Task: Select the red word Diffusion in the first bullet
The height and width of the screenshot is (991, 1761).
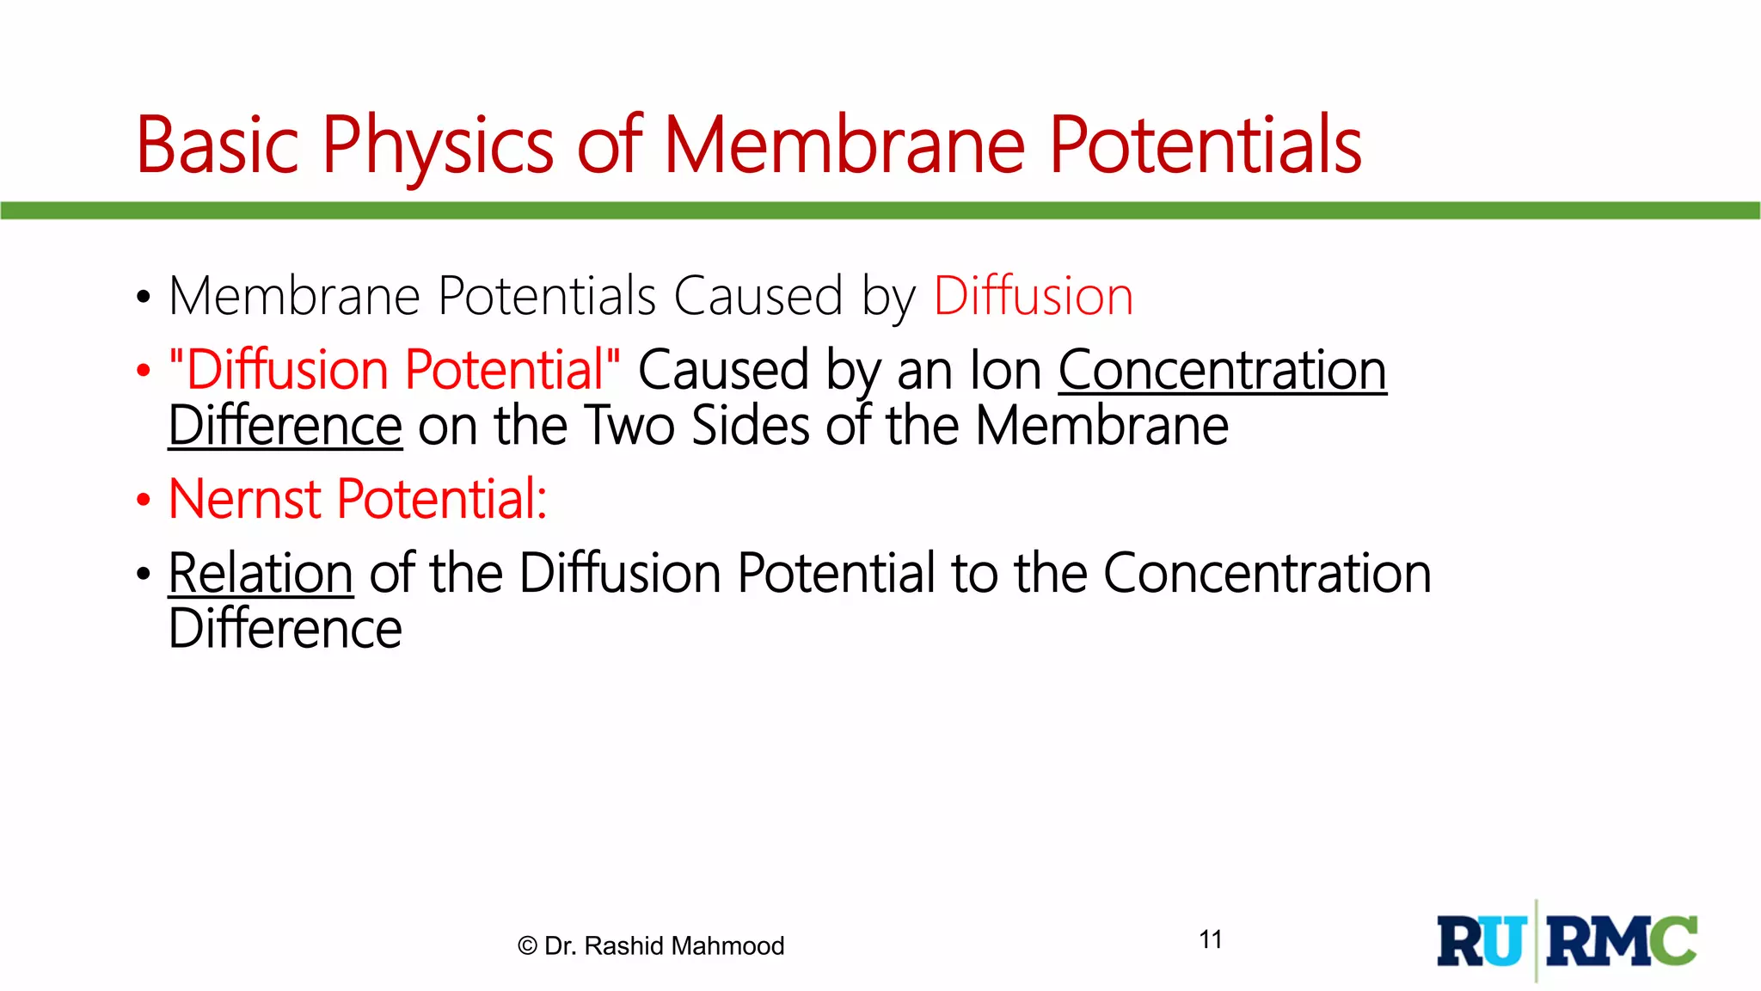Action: pyautogui.click(x=1033, y=297)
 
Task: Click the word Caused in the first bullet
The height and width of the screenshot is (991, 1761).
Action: pyautogui.click(x=758, y=297)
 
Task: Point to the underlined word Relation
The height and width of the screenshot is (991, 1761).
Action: pyautogui.click(x=261, y=574)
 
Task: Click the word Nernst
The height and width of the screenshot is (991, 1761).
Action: pyautogui.click(x=245, y=499)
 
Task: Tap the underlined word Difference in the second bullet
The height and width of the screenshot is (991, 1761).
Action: pyautogui.click(x=285, y=426)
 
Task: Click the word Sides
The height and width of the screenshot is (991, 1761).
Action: pyautogui.click(x=750, y=426)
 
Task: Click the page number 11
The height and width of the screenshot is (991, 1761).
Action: pyautogui.click(x=1211, y=939)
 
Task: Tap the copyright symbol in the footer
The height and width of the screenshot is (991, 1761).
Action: pyautogui.click(x=527, y=946)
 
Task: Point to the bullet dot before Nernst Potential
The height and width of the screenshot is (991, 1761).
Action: pyautogui.click(x=144, y=501)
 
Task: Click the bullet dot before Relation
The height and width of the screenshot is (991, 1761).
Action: pyautogui.click(x=144, y=575)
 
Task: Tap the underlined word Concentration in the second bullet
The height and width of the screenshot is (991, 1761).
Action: pyautogui.click(x=1222, y=371)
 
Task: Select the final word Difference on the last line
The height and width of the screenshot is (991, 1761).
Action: pyautogui.click(x=285, y=629)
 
